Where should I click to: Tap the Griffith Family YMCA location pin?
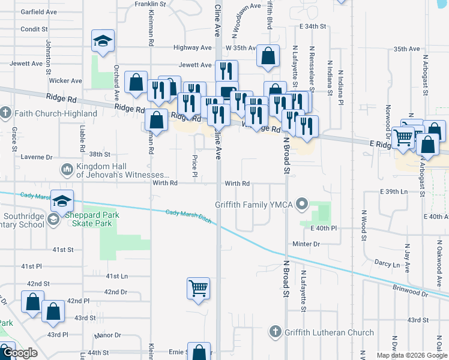point(302,205)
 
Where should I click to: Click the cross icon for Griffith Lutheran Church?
point(275,332)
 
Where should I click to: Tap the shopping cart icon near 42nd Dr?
point(198,289)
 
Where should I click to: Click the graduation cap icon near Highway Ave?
point(103,41)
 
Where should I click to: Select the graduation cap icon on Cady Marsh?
point(62,201)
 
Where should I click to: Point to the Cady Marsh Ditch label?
point(188,214)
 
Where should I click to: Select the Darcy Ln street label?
point(387,263)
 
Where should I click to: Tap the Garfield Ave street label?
point(38,11)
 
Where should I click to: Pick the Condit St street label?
point(34,29)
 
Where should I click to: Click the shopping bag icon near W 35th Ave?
point(268,56)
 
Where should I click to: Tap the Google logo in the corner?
point(19,353)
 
